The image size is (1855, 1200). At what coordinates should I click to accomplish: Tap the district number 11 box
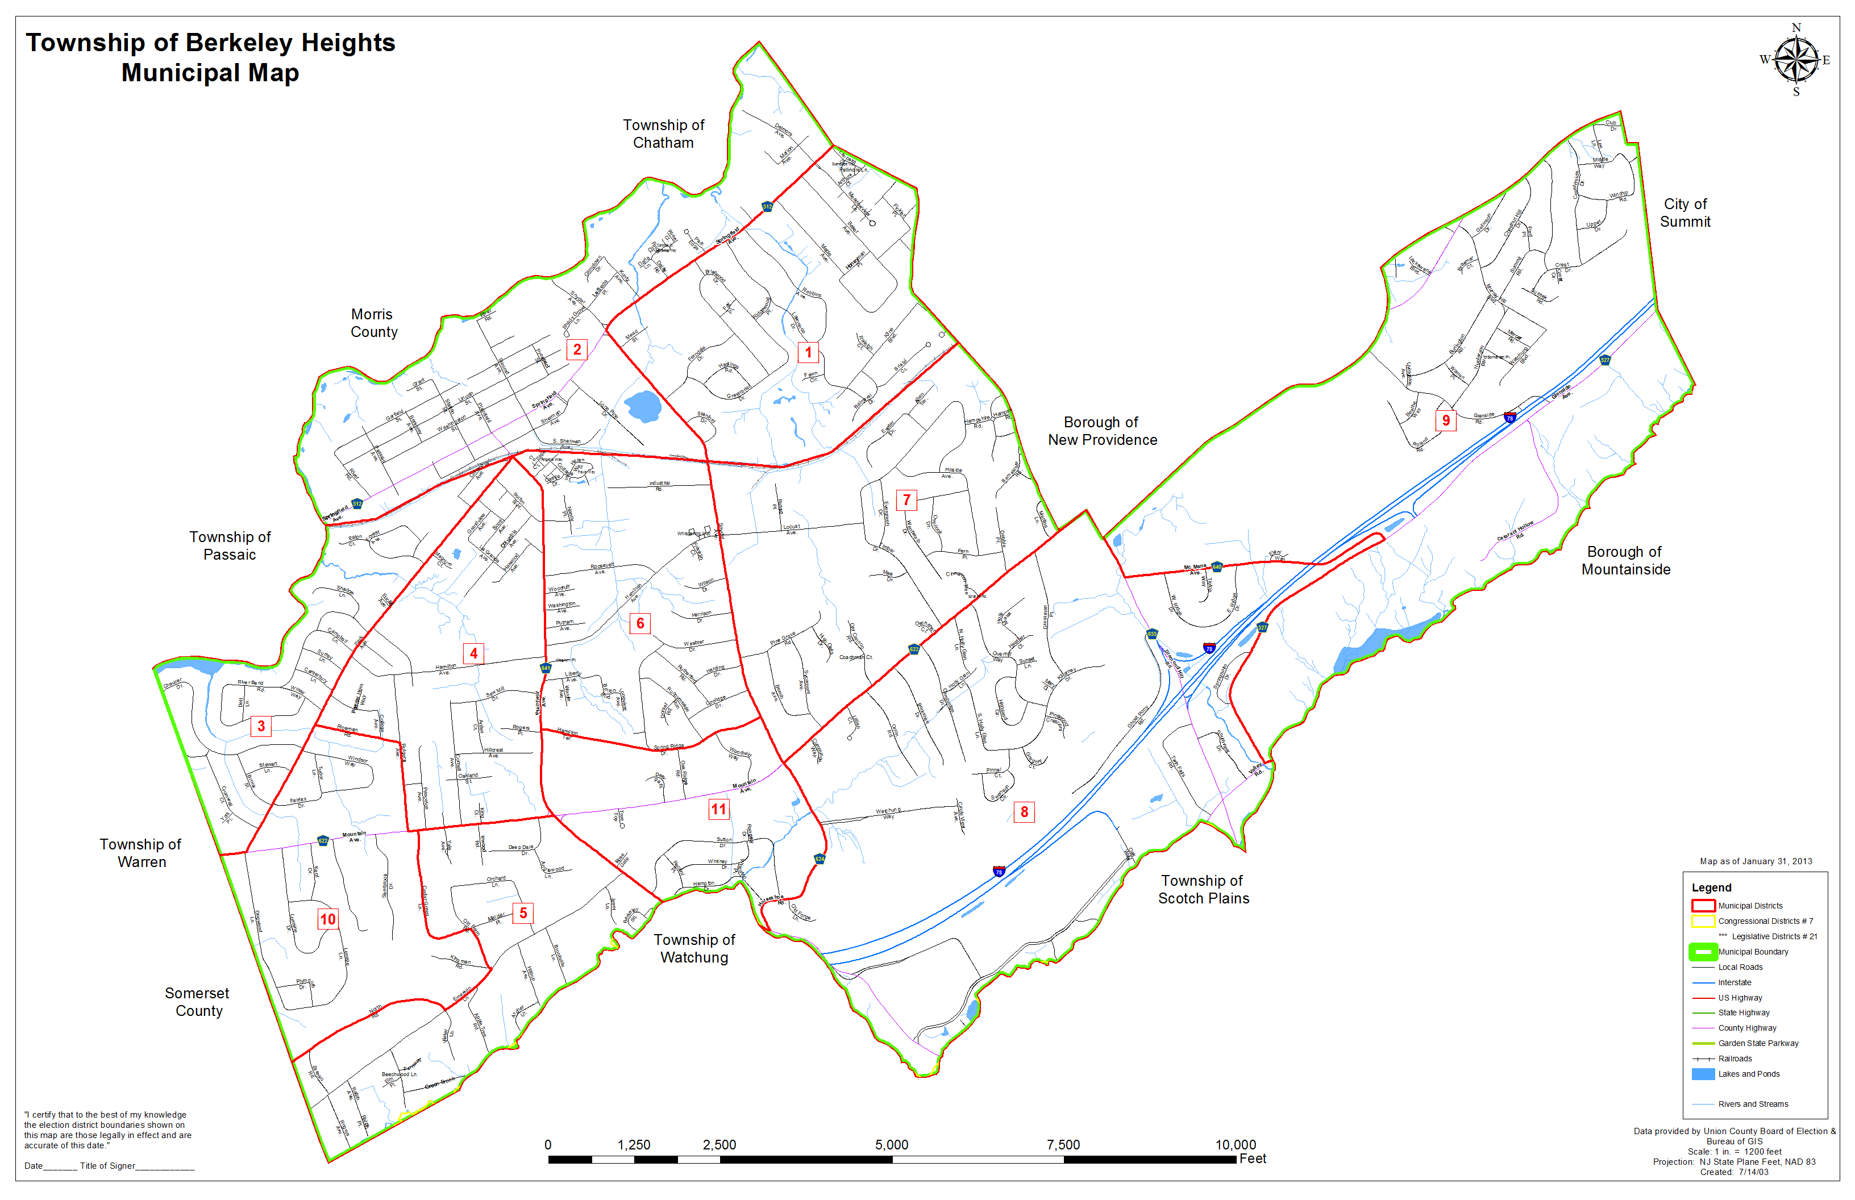click(x=718, y=809)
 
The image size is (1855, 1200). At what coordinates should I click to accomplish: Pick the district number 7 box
click(x=906, y=499)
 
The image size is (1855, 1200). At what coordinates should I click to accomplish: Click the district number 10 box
click(x=328, y=919)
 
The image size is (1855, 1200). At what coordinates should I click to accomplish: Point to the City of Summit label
click(x=1685, y=213)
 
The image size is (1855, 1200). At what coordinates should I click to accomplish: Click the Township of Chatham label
click(x=663, y=134)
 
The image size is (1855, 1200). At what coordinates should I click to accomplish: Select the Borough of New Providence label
click(x=1101, y=431)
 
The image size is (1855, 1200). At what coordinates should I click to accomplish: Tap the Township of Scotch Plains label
click(x=1203, y=889)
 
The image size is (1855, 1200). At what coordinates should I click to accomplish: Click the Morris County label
click(x=373, y=323)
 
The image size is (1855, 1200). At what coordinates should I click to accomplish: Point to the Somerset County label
click(x=197, y=1002)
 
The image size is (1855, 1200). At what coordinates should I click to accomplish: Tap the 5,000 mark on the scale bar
click(x=892, y=1145)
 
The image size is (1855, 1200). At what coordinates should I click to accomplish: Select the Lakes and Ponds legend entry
click(x=1748, y=1074)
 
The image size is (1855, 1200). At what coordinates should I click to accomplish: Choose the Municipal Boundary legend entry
click(x=1752, y=952)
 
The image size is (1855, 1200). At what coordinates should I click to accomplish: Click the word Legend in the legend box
click(x=1712, y=888)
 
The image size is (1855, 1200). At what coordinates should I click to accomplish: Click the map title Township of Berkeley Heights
click(x=210, y=43)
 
